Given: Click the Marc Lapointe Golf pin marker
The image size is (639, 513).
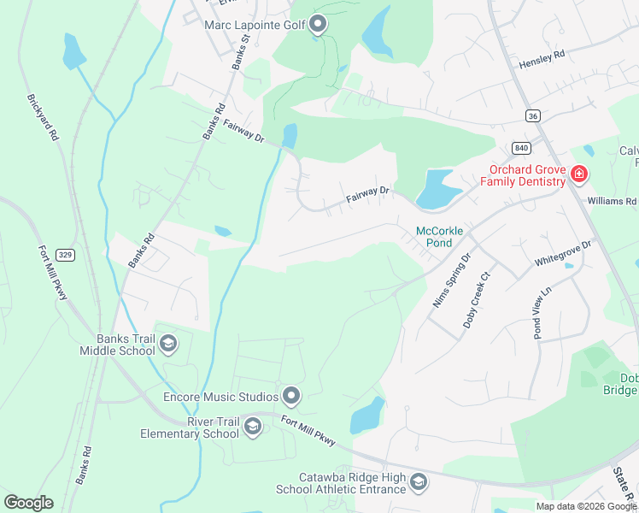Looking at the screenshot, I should tap(319, 25).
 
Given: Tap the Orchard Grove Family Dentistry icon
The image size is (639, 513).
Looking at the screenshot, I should tap(579, 174).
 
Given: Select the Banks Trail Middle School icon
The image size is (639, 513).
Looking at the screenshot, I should tap(168, 344).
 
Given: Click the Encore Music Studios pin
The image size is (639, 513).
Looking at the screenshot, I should tap(291, 396).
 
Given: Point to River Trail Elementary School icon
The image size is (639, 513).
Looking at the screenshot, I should tap(252, 426).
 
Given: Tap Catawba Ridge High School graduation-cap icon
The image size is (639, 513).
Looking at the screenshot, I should tap(418, 483).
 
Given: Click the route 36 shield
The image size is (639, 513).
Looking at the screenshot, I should tap(533, 115).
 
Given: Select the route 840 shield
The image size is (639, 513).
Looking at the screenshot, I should tap(521, 147).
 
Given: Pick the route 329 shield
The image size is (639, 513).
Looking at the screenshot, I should tap(65, 254).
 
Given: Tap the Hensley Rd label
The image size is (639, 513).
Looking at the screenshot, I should tap(542, 60).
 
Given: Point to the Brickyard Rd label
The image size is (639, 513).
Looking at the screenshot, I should tap(43, 117).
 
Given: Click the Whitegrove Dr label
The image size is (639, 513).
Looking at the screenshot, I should tap(563, 251).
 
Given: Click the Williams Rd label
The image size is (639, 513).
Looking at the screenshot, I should tap(612, 202).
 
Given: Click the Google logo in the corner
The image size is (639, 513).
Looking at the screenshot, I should tap(28, 503).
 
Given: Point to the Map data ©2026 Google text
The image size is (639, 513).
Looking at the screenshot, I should tap(586, 506).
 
